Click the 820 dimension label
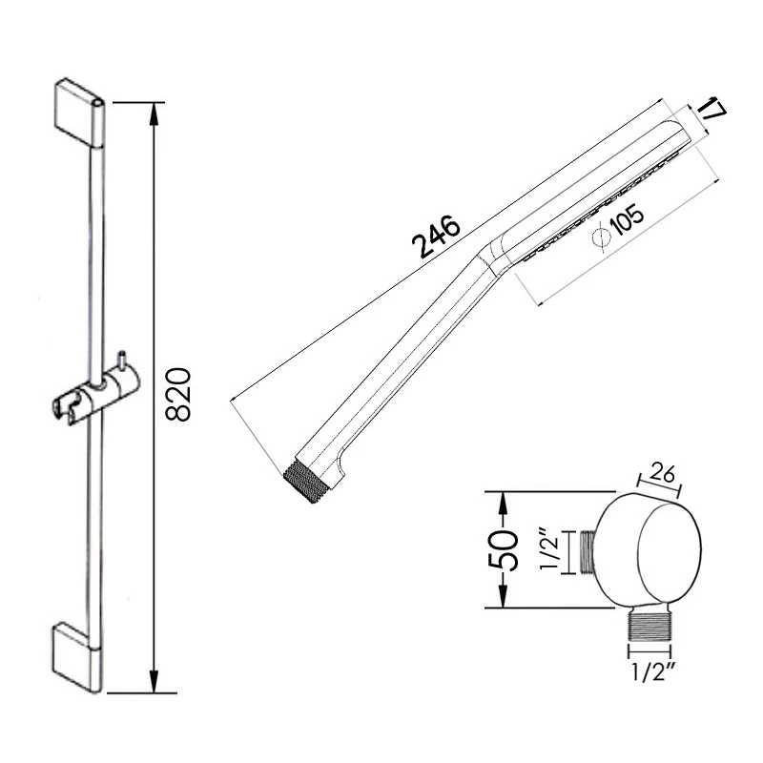[178, 394]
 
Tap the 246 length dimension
[436, 237]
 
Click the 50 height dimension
[503, 550]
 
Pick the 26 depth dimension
[662, 473]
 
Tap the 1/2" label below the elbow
[650, 672]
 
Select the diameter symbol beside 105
[602, 237]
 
